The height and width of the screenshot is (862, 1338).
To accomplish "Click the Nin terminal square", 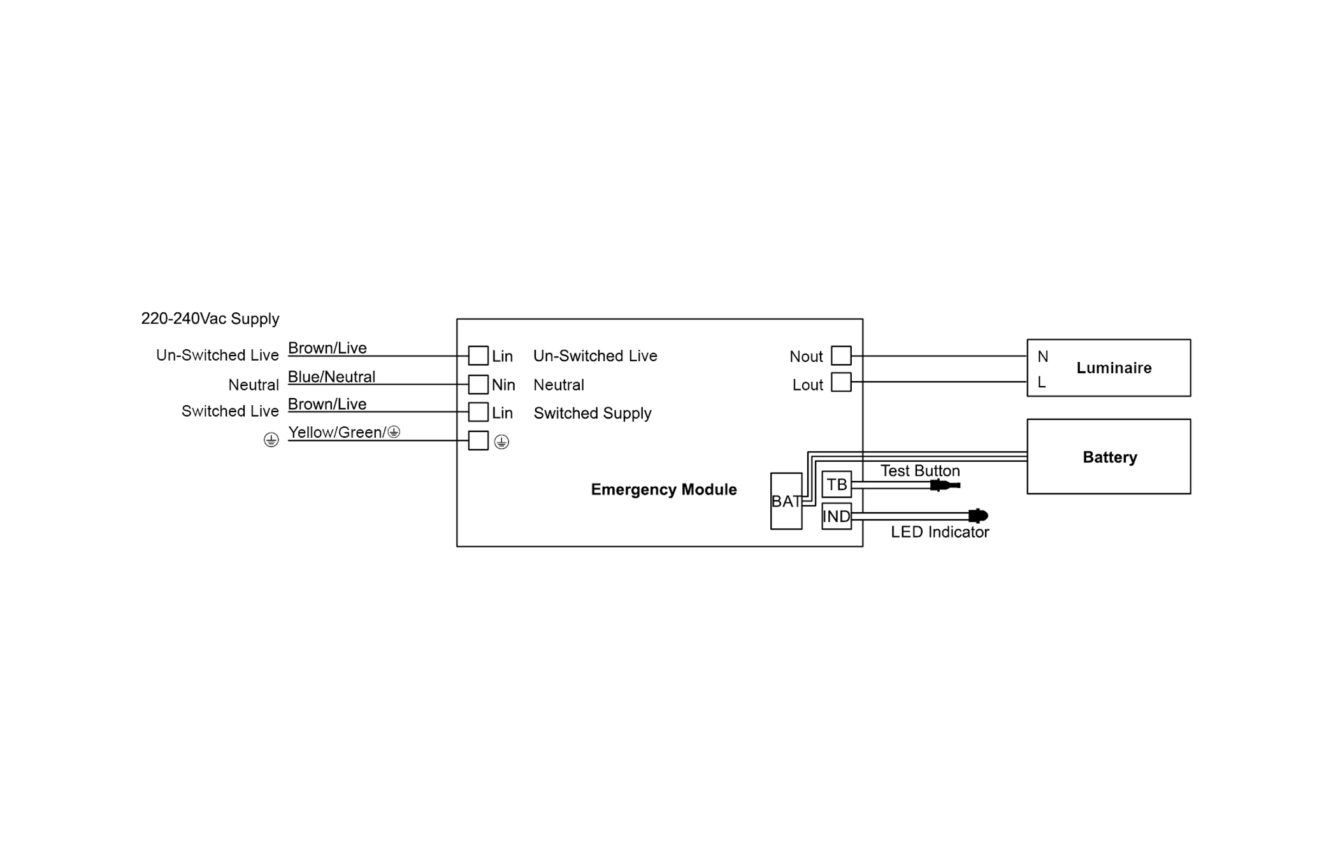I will pyautogui.click(x=478, y=384).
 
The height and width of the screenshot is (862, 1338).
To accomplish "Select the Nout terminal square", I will pyautogui.click(x=841, y=356).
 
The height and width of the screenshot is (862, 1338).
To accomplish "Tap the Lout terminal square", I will pyautogui.click(x=841, y=382).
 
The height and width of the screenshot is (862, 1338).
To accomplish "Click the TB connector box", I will pyautogui.click(x=837, y=485).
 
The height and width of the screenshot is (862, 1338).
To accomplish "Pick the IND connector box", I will pyautogui.click(x=837, y=516).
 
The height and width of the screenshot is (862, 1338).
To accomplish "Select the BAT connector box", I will pyautogui.click(x=786, y=501).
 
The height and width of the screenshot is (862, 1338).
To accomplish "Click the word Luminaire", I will pyautogui.click(x=1114, y=368).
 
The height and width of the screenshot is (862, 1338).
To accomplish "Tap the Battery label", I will pyautogui.click(x=1109, y=457).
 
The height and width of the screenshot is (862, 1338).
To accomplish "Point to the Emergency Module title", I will pyautogui.click(x=663, y=489).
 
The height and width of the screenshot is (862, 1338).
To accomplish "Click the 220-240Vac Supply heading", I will pyautogui.click(x=210, y=319).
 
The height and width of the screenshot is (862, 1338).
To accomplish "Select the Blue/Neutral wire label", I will pyautogui.click(x=331, y=377).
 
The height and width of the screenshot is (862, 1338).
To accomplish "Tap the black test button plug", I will pyautogui.click(x=944, y=485).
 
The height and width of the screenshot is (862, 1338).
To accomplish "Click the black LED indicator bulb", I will pyautogui.click(x=977, y=515).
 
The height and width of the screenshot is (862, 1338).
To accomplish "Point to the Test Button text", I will pyautogui.click(x=919, y=471).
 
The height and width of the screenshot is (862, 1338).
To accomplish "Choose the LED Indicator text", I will pyautogui.click(x=939, y=532).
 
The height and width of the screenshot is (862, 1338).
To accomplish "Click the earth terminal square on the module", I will pyautogui.click(x=478, y=440).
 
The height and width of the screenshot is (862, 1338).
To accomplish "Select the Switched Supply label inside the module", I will pyautogui.click(x=592, y=413).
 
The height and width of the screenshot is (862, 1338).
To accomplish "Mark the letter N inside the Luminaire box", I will pyautogui.click(x=1042, y=357).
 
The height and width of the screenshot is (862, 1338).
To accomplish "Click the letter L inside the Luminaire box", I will pyautogui.click(x=1042, y=382).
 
